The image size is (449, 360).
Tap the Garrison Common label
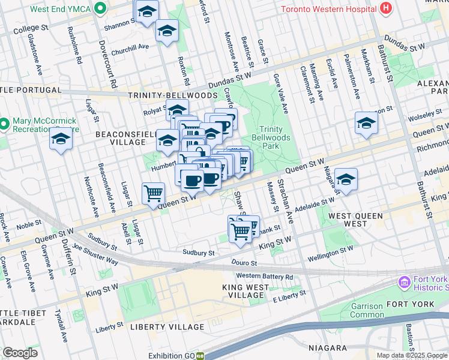point(367,310)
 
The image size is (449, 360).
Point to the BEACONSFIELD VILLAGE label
point(121,137)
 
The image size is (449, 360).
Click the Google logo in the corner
point(20,353)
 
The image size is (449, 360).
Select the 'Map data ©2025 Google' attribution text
point(412,355)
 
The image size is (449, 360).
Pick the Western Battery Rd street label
point(264,277)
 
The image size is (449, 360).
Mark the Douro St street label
point(245,263)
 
